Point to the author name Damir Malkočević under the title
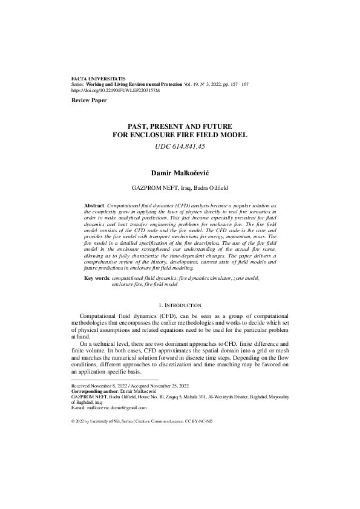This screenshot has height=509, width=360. click(x=180, y=173)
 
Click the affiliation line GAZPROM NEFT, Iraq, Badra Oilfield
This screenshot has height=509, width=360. click(x=180, y=188)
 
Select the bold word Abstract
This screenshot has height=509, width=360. click(x=94, y=206)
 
